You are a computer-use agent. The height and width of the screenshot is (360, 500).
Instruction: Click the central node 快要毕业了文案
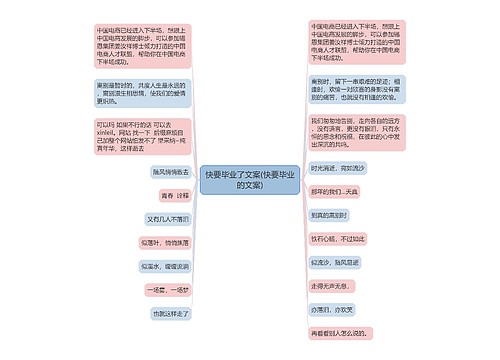coord(249,179)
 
